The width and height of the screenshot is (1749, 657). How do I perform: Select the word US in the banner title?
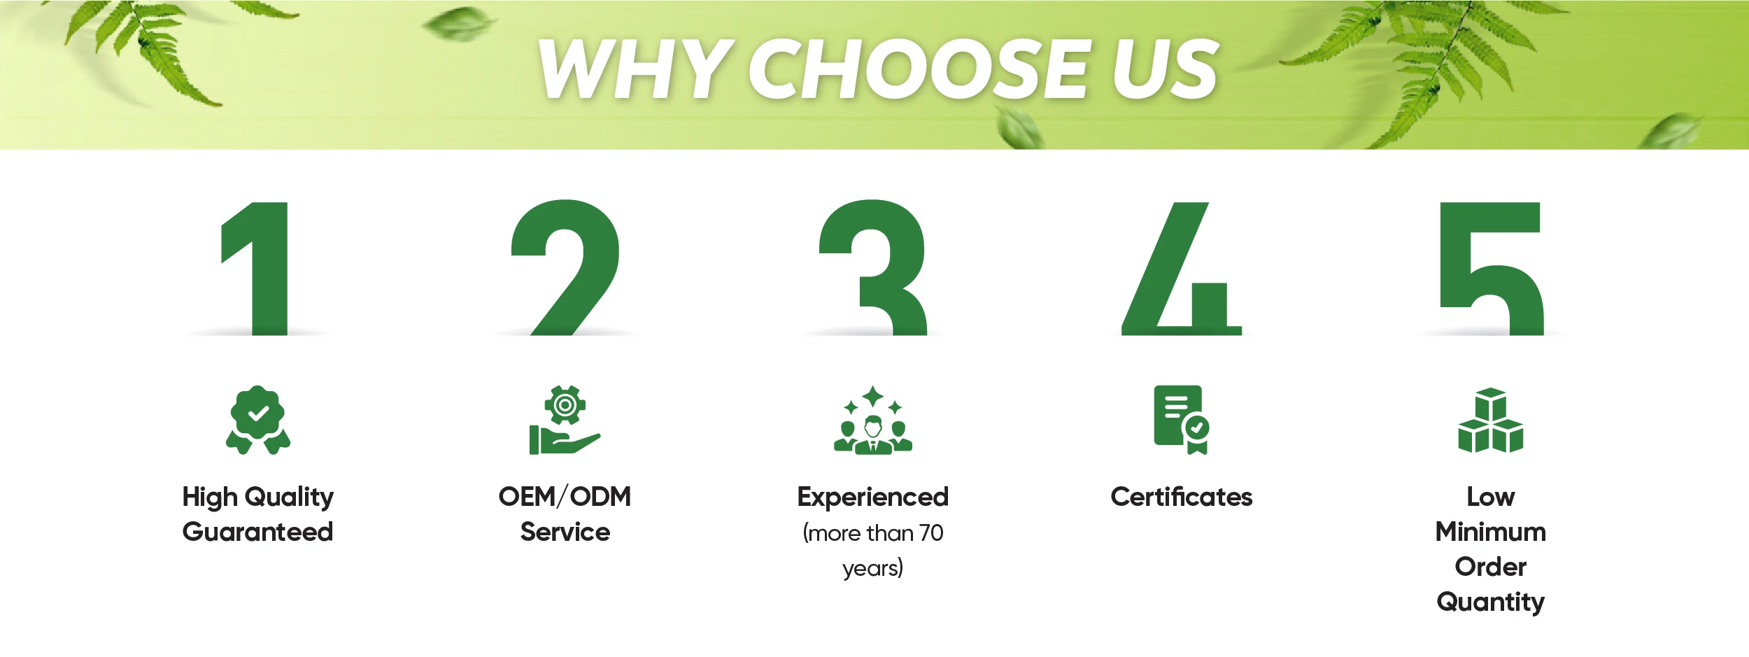pyautogui.click(x=1166, y=68)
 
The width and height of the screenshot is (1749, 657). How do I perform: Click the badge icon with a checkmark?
pyautogui.click(x=258, y=419)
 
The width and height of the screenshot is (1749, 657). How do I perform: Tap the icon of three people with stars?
pyautogui.click(x=873, y=420)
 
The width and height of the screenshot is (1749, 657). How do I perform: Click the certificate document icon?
pyautogui.click(x=1181, y=419)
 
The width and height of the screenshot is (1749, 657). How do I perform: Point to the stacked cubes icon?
pyautogui.click(x=1491, y=420)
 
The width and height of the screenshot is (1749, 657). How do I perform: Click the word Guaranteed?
pyautogui.click(x=257, y=532)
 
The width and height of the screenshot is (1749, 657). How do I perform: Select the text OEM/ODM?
pyautogui.click(x=565, y=497)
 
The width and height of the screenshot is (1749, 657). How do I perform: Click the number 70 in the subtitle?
pyautogui.click(x=931, y=533)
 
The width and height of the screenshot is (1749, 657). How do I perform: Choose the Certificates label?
pyautogui.click(x=1182, y=497)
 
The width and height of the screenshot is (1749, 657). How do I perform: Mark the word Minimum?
pyautogui.click(x=1491, y=532)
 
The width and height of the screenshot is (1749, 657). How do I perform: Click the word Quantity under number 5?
pyautogui.click(x=1491, y=602)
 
